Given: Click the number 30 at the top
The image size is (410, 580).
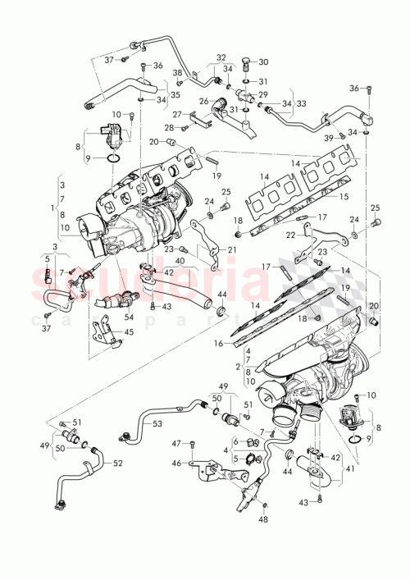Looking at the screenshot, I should tap(263, 62).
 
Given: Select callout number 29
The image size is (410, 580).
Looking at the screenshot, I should tap(263, 95).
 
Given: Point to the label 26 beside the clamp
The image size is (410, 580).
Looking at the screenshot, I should tap(203, 102).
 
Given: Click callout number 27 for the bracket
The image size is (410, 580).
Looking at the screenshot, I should tap(176, 114).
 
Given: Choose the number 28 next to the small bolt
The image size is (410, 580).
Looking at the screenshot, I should tap(168, 128).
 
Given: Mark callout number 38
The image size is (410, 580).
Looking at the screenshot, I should tap(177, 73).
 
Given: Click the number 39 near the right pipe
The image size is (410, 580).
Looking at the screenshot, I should tap(328, 136).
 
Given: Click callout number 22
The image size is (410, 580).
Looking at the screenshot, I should tap(291, 235).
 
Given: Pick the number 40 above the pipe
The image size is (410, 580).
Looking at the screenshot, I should tap(180, 262).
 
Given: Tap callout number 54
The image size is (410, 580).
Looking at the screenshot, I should tap(128, 316).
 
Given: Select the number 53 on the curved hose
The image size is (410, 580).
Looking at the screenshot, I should tap(156, 423).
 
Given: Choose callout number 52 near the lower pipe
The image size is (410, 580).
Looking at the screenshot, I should tap(118, 463).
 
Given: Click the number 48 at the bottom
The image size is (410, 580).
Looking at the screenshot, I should tap(264, 520).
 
